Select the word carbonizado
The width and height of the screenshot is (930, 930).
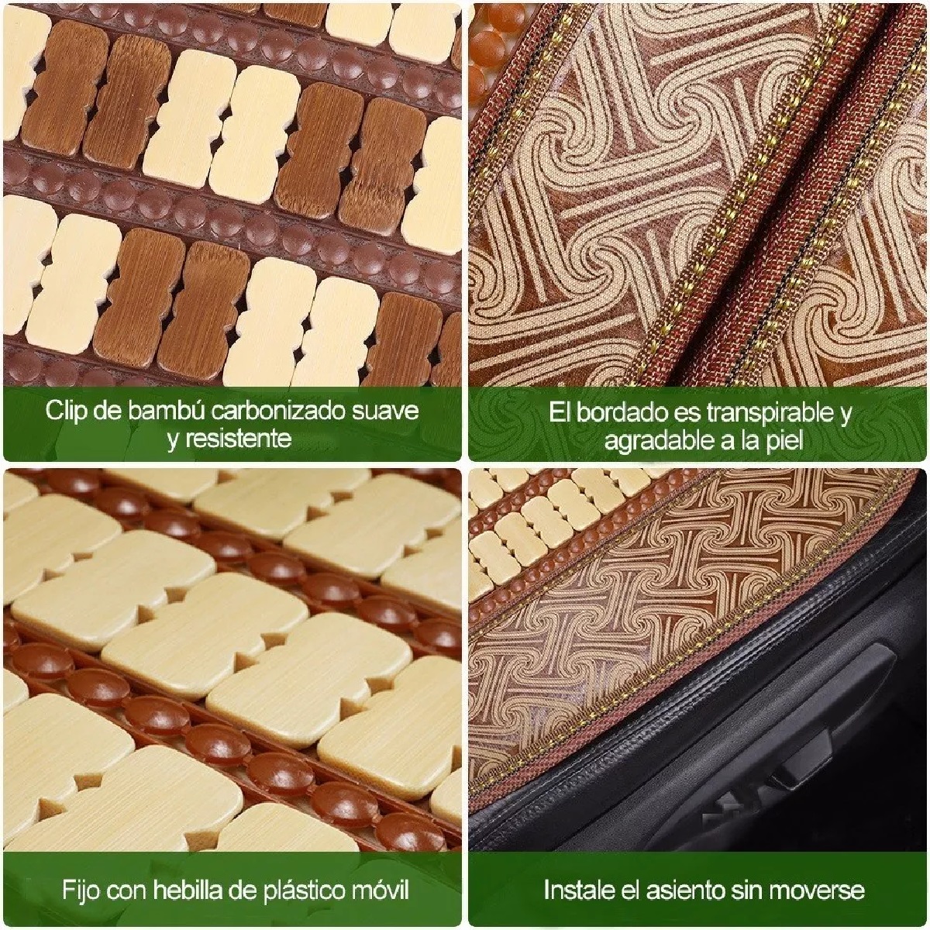tap(288, 410)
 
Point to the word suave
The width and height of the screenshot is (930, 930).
tap(388, 410)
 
